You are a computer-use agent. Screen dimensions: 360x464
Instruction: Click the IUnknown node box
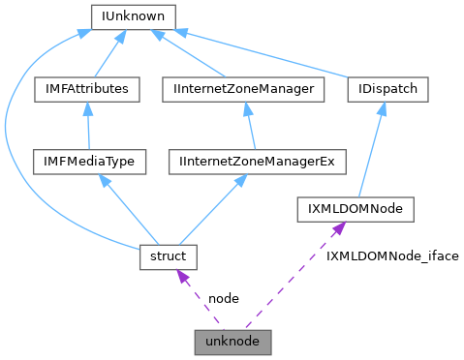[x=132, y=16]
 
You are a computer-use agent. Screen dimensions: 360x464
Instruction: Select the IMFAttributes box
[x=86, y=89]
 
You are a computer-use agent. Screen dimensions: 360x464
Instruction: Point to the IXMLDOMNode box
[x=356, y=208]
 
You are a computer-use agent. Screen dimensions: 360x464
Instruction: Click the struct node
[x=168, y=256]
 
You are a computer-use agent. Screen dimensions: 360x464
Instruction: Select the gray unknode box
[x=232, y=342]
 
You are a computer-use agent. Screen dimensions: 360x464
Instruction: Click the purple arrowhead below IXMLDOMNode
[x=338, y=227]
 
